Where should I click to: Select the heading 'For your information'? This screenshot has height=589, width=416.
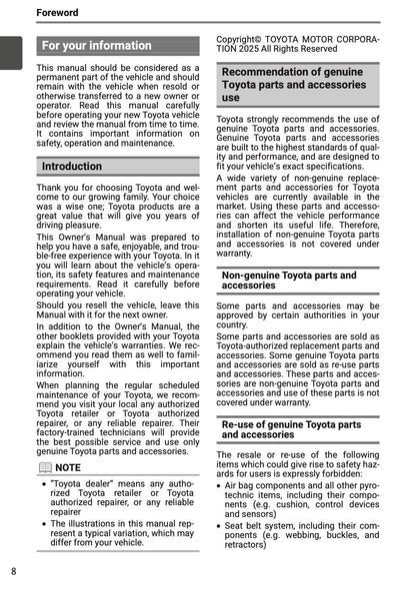tap(97, 46)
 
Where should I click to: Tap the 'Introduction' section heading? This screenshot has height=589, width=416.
tap(72, 167)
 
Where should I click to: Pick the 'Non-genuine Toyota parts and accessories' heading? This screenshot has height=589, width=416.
tap(289, 280)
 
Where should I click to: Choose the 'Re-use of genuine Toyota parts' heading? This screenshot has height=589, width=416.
tap(291, 429)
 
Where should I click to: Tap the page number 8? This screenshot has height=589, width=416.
tap(13, 571)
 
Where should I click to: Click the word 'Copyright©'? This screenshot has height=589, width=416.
tap(249, 38)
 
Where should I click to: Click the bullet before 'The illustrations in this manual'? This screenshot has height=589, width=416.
tap(44, 522)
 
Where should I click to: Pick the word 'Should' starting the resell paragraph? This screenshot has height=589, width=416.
tap(55, 304)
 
